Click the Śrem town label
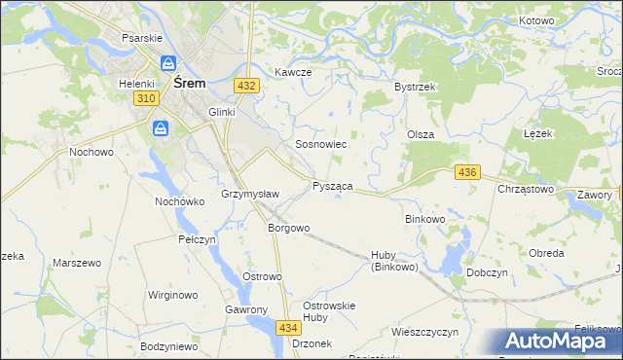[x=189, y=84]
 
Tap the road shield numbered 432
[x=246, y=86]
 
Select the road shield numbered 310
[x=147, y=100]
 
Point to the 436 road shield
[x=467, y=172]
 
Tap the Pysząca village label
[x=332, y=185]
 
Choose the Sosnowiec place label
[x=321, y=144]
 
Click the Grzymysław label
[x=251, y=194]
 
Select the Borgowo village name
[x=289, y=229]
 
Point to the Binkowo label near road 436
[x=424, y=219]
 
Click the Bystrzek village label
[x=414, y=87]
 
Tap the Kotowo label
[x=536, y=20]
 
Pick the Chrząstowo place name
[x=526, y=189]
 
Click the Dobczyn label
[x=489, y=273]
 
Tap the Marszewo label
[x=77, y=264]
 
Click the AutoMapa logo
[x=559, y=342]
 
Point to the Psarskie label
[x=140, y=38]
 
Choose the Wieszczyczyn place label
[x=424, y=332]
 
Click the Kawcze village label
[x=293, y=73]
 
